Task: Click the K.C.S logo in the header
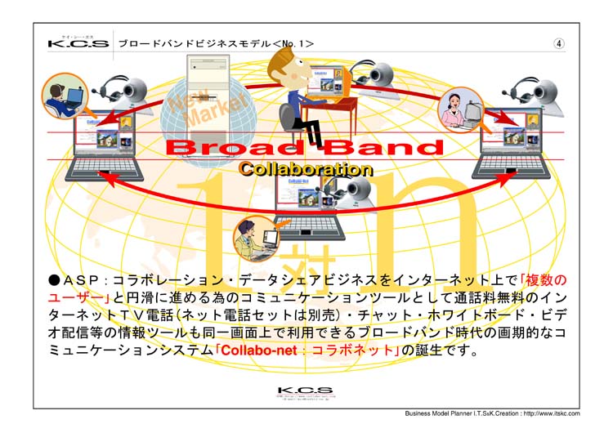click(78, 42)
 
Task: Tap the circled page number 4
click(559, 43)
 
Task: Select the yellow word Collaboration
click(305, 170)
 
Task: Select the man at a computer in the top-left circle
click(63, 95)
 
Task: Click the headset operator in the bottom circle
click(250, 238)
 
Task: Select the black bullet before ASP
click(53, 280)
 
